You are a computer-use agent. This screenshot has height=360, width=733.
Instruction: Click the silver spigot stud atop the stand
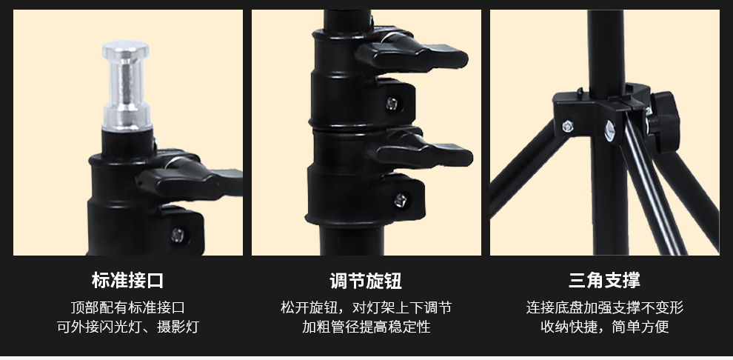[126, 86]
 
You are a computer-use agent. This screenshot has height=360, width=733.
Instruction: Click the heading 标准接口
[127, 281]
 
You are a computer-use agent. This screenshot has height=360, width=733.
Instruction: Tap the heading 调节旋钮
[366, 281]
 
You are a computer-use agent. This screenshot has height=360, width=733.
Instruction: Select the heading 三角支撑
[604, 281]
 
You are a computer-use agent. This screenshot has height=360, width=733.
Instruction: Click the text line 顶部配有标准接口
[127, 307]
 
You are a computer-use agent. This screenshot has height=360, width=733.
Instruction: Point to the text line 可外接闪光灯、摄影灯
[127, 327]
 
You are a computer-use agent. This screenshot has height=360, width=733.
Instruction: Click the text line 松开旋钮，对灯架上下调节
[366, 307]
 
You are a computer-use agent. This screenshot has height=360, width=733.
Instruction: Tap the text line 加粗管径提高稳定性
[366, 327]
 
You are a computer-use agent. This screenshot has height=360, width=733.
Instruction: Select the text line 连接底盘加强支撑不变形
[604, 307]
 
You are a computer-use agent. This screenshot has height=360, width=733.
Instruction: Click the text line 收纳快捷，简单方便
[604, 327]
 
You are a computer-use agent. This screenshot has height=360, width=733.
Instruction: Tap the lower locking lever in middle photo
[418, 150]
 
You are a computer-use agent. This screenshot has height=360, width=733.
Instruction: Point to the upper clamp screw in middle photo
[392, 104]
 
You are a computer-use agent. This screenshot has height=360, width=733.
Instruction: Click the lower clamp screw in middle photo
[400, 201]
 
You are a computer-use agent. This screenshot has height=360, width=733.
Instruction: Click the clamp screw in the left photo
[177, 235]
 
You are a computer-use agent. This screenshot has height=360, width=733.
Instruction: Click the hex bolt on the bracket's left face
[567, 126]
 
